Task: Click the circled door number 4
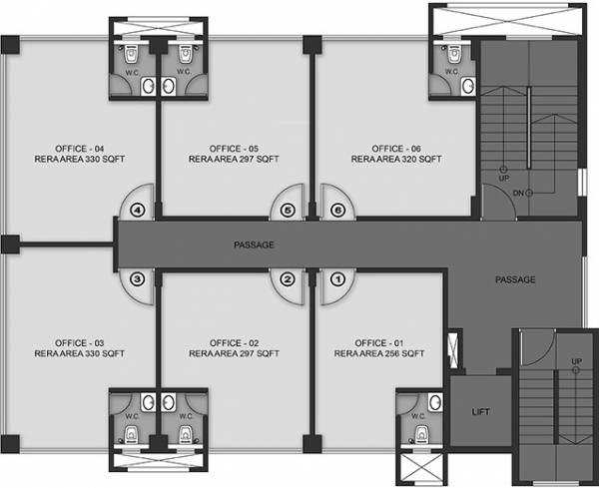tap(137, 211)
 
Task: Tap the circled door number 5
tap(288, 211)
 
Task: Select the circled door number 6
tap(337, 211)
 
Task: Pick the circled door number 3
tap(137, 279)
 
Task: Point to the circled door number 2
tap(288, 279)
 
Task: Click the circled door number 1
tap(337, 279)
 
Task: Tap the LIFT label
tap(480, 410)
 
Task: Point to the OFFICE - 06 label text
tap(387, 147)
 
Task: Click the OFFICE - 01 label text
tap(380, 341)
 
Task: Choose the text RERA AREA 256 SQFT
tap(380, 353)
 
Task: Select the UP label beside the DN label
tap(505, 177)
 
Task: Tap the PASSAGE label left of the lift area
tap(515, 279)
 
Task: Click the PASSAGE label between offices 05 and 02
tap(254, 244)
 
